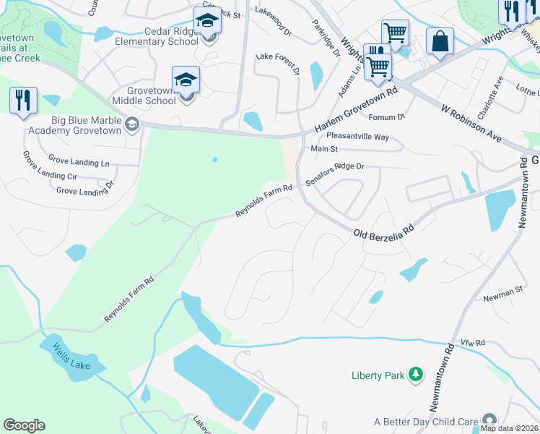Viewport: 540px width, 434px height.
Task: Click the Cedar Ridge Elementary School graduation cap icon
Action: [207, 21]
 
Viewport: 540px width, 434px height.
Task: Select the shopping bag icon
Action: [439, 41]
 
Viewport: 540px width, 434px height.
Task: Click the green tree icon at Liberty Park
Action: [415, 374]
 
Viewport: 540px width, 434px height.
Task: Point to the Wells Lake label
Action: [71, 356]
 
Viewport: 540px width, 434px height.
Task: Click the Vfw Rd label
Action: [474, 342]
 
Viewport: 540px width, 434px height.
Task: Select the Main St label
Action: [324, 149]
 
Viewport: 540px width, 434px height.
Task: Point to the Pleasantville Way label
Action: [357, 136]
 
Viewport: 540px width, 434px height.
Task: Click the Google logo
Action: [24, 425]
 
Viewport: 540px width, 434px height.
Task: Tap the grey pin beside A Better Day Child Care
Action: [490, 420]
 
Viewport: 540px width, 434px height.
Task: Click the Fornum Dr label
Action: [387, 116]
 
